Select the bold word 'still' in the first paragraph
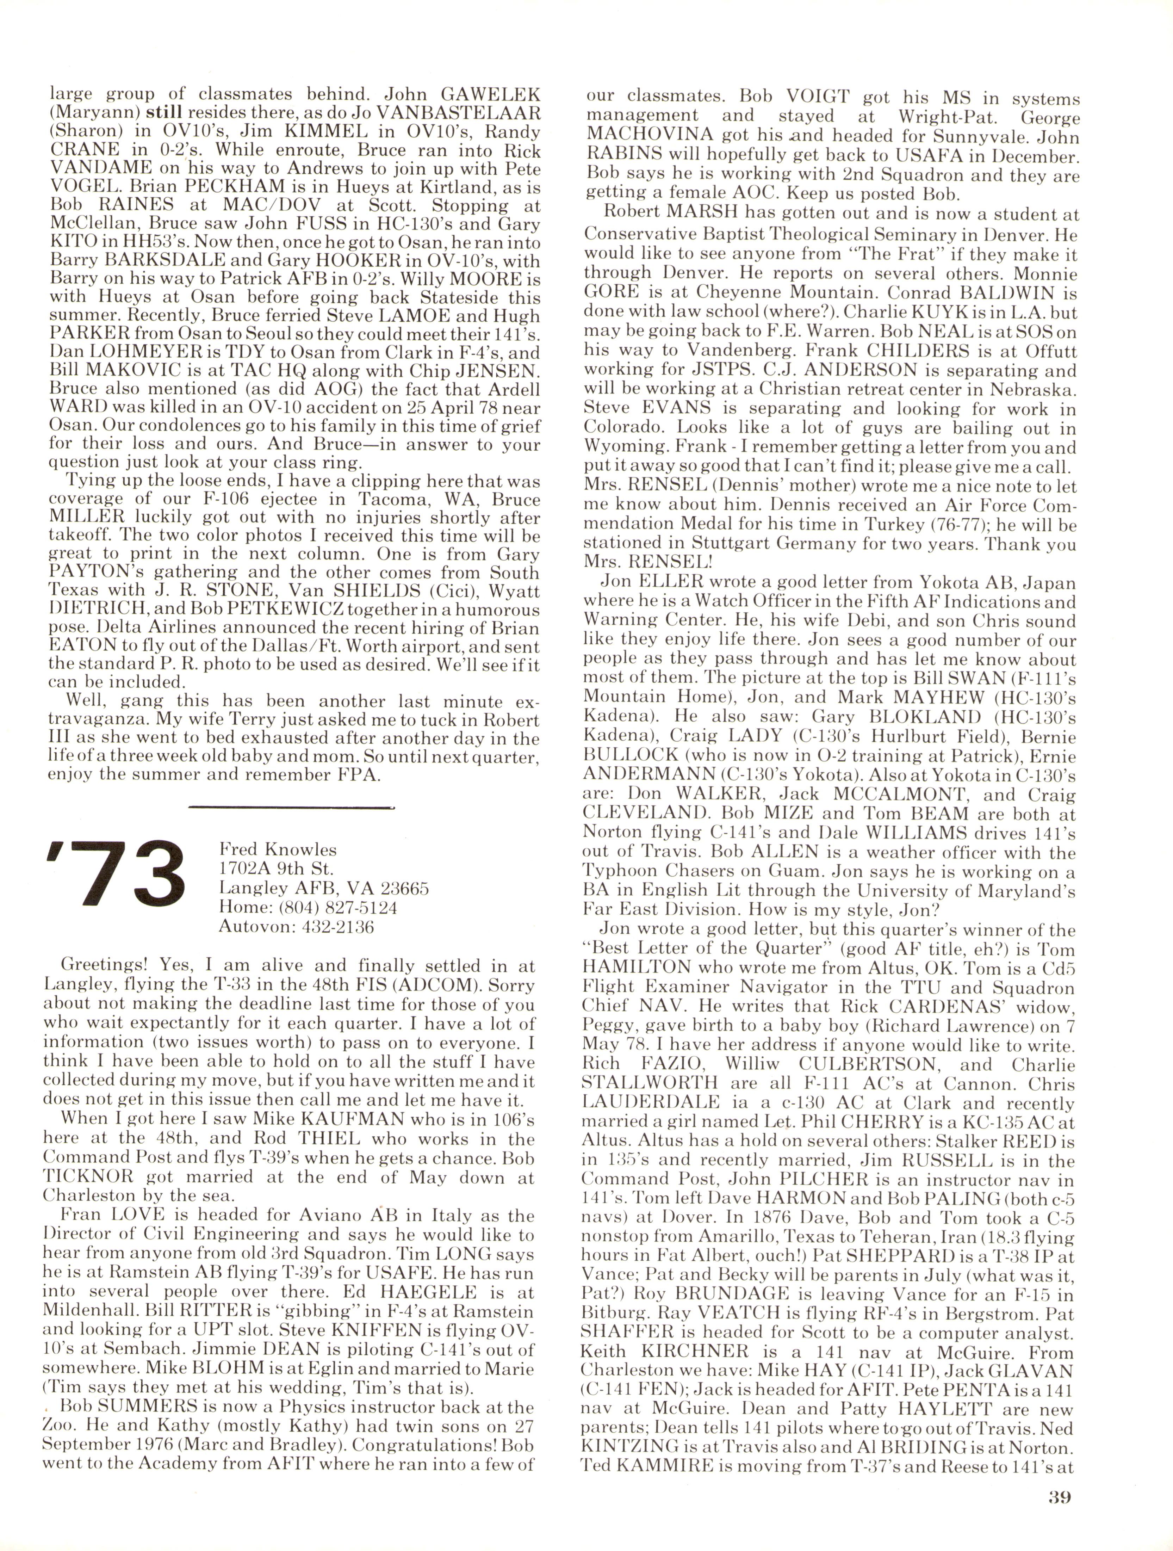(164, 112)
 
